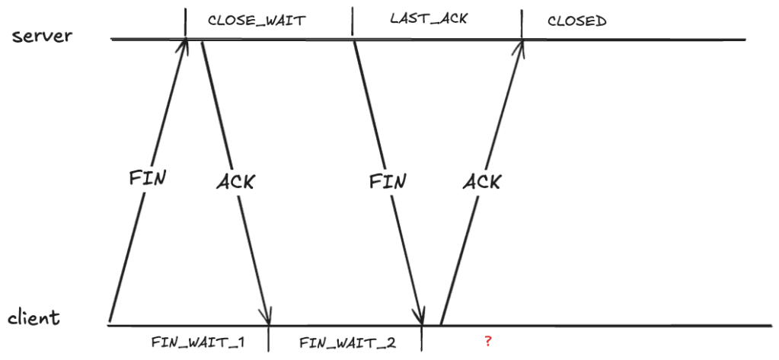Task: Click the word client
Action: (x=34, y=317)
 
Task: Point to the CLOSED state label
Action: (x=576, y=21)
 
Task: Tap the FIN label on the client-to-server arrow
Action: (x=147, y=179)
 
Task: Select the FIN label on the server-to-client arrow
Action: (x=387, y=182)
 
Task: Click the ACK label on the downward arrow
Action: (x=235, y=183)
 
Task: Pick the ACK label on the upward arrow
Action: (x=481, y=182)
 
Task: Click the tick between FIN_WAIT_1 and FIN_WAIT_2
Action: (x=269, y=338)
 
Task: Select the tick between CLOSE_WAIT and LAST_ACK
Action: (x=353, y=21)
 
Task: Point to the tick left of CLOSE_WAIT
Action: (x=185, y=21)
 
